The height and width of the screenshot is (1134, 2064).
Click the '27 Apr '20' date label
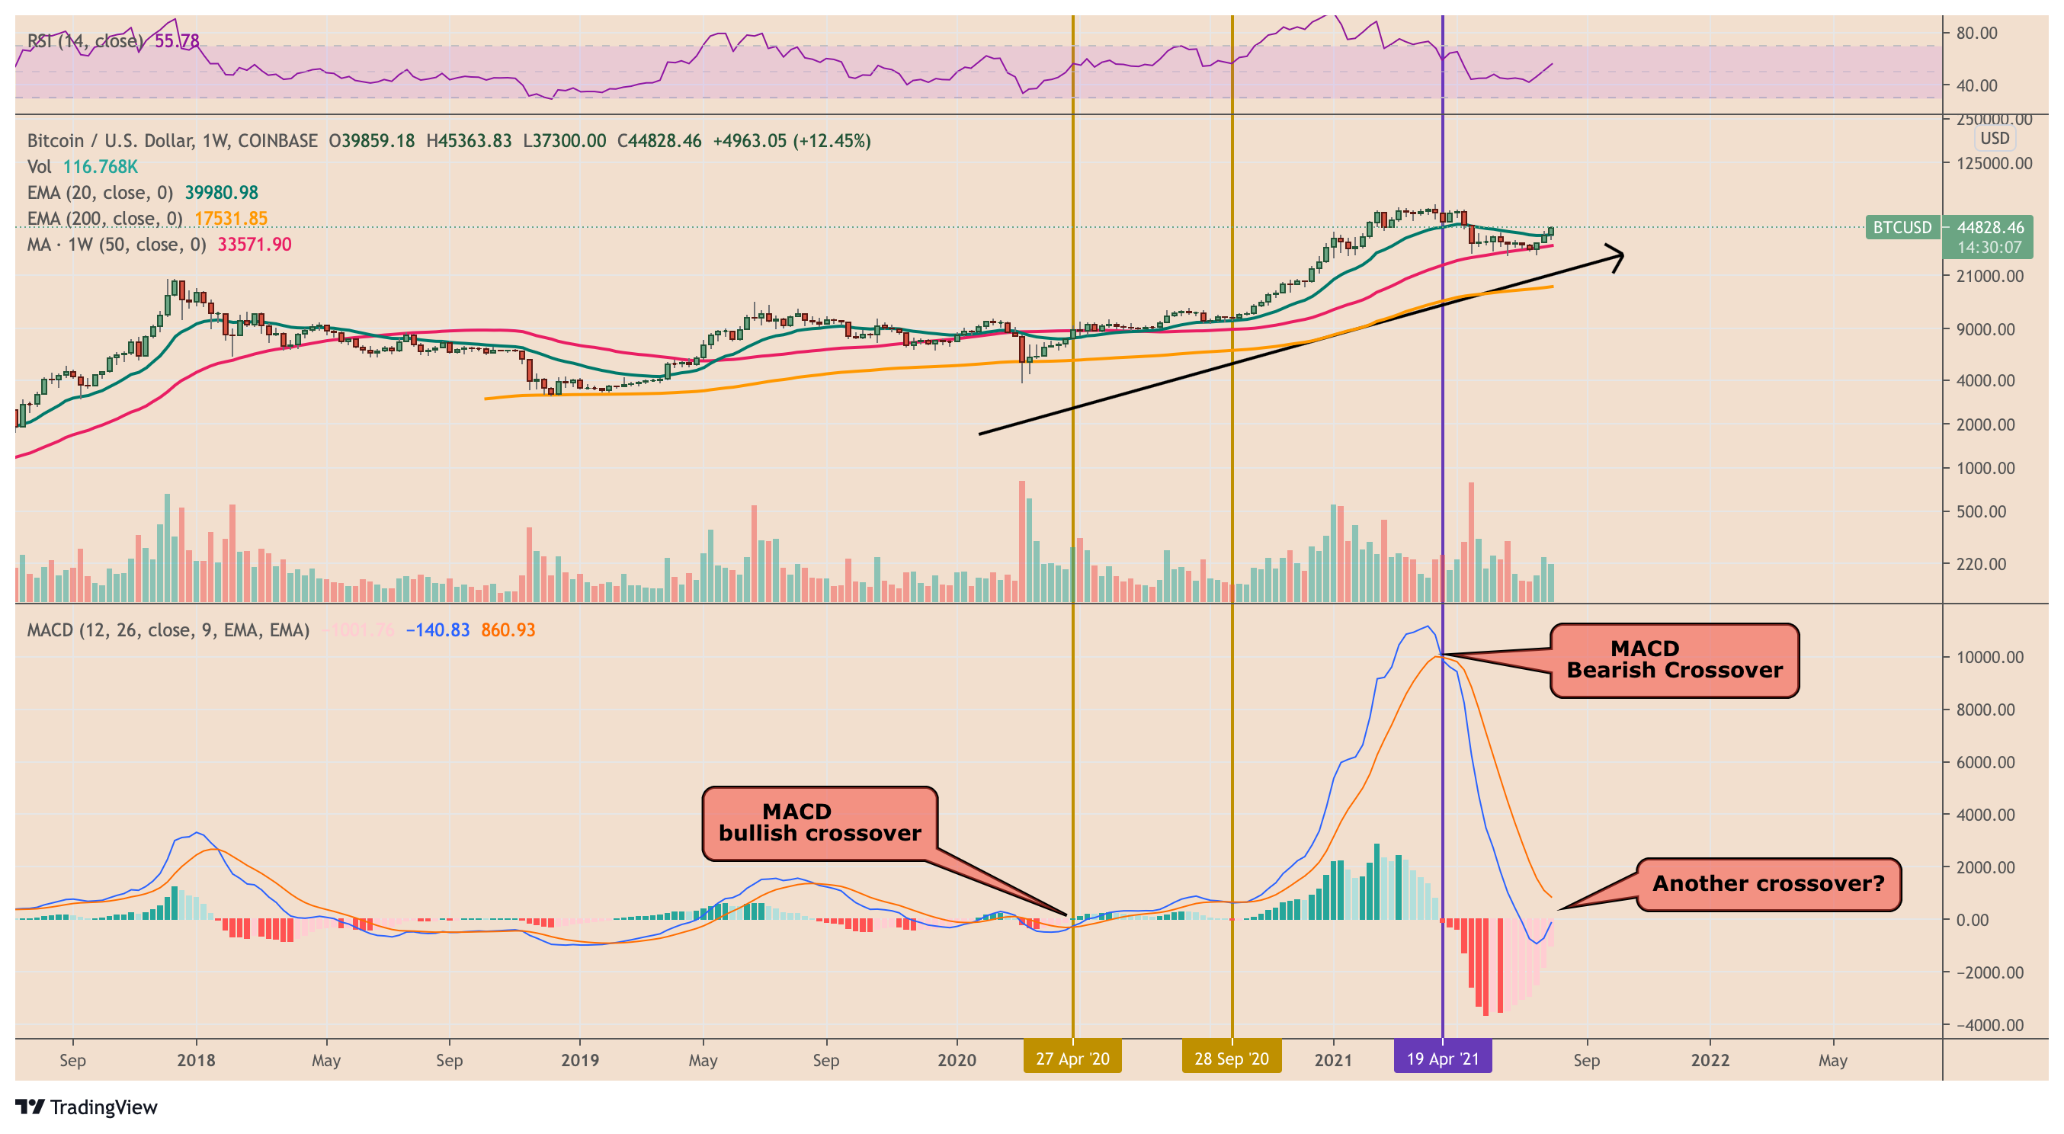click(x=1072, y=1059)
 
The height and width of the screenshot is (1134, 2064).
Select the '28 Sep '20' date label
click(x=1232, y=1059)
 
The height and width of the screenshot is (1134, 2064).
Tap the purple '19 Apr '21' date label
click(x=1442, y=1059)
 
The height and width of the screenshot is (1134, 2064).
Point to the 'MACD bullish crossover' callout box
click(x=819, y=823)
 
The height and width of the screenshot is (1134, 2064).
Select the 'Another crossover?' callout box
click(x=1768, y=884)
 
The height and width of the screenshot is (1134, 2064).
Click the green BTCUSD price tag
click(x=1902, y=228)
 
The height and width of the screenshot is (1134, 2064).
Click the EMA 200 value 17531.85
click(x=231, y=219)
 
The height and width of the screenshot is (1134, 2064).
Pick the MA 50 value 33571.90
click(x=254, y=245)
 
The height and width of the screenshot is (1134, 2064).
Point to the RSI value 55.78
click(x=176, y=41)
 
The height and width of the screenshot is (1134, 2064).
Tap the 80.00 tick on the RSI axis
click(x=1976, y=33)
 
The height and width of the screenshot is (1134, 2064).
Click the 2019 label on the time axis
click(x=579, y=1060)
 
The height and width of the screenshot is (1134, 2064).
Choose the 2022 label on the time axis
click(x=1710, y=1060)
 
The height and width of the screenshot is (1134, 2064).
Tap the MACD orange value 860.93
click(x=508, y=631)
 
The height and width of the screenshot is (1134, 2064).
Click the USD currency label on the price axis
click(x=1995, y=139)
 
